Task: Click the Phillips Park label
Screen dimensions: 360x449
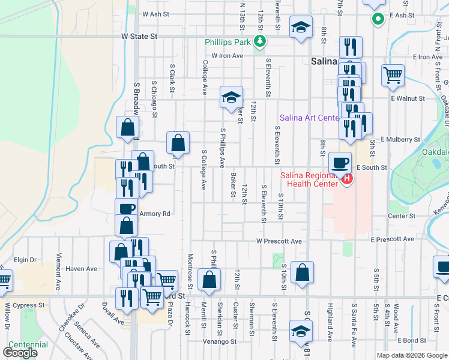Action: pyautogui.click(x=228, y=42)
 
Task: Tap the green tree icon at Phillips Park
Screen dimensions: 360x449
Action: pyautogui.click(x=260, y=41)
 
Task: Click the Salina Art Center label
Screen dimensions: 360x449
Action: pyautogui.click(x=310, y=118)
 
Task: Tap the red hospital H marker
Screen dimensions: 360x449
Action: pyautogui.click(x=347, y=179)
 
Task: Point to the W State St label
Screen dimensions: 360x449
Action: pyautogui.click(x=139, y=37)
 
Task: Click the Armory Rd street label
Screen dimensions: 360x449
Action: pyautogui.click(x=155, y=214)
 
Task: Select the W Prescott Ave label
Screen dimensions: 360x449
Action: pyautogui.click(x=279, y=241)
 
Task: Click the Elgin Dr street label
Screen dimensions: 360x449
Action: pyautogui.click(x=26, y=260)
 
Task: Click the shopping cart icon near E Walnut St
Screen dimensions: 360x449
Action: pyautogui.click(x=393, y=76)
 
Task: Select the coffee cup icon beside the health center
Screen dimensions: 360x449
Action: pyautogui.click(x=340, y=163)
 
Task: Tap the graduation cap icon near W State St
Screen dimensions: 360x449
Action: pyautogui.click(x=301, y=26)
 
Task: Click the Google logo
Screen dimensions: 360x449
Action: pyautogui.click(x=20, y=353)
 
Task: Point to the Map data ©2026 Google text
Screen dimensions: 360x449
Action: pyautogui.click(x=411, y=355)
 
